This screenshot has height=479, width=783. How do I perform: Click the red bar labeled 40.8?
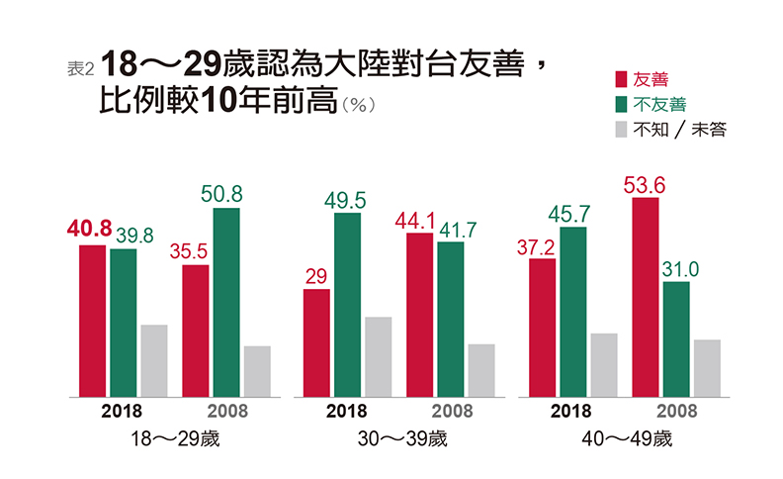[x=93, y=321]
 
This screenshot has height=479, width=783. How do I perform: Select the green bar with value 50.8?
[x=226, y=302]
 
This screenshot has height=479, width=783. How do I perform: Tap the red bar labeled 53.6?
[x=646, y=297]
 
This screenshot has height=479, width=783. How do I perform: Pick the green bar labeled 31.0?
[x=676, y=338]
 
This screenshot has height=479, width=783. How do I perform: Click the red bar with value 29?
[x=316, y=342]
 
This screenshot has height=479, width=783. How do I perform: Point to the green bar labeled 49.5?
[x=347, y=305]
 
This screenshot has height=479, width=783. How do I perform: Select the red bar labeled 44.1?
[x=420, y=315]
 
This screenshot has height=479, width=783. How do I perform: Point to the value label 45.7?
[x=571, y=214]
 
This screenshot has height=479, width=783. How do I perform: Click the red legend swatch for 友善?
[x=621, y=79]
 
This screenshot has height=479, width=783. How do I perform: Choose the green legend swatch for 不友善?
[x=621, y=104]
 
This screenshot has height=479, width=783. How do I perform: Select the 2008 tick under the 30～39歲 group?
[x=452, y=411]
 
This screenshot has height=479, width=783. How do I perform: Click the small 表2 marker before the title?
[x=80, y=68]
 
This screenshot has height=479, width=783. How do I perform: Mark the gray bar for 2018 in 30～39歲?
[x=378, y=356]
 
